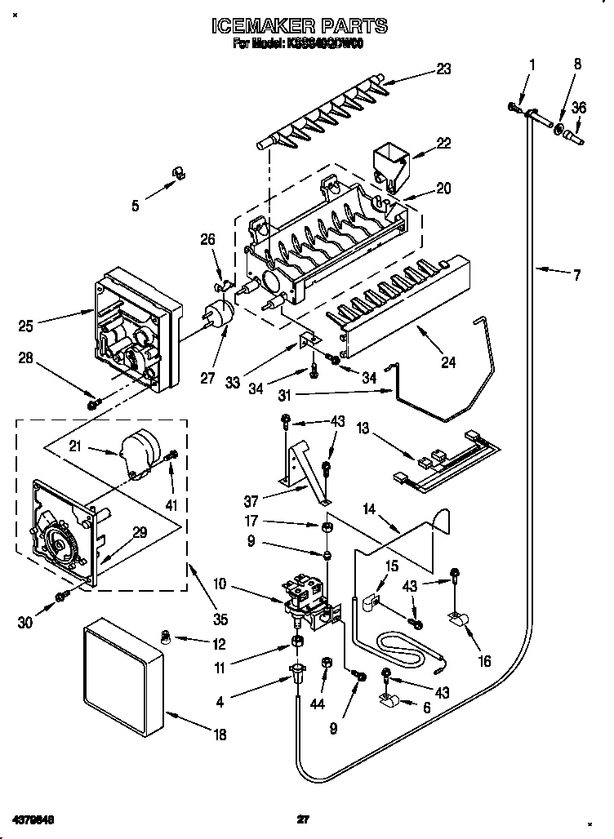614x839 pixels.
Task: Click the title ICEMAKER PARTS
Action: point(299,26)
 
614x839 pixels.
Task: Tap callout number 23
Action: point(443,69)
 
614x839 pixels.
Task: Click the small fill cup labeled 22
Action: point(389,162)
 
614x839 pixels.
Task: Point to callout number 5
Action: point(136,206)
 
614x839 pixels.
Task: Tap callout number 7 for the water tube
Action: point(576,276)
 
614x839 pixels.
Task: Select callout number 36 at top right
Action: point(578,106)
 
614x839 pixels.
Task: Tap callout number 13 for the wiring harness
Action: point(363,428)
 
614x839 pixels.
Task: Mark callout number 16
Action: point(484,661)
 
